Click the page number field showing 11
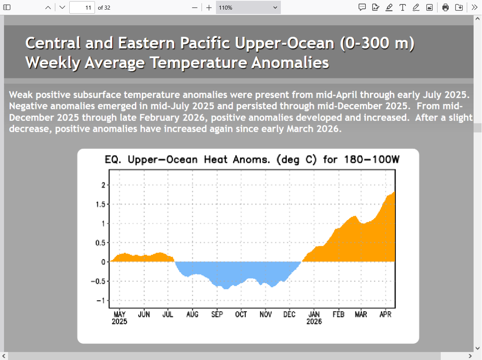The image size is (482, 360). pos(82,8)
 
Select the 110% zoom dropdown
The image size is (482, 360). pos(248,8)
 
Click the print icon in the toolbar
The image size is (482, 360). pos(446,8)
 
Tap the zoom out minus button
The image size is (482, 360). pos(195,8)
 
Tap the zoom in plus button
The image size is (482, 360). pos(209,8)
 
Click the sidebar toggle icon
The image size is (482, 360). pos(7,8)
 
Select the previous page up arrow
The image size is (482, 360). pos(48,8)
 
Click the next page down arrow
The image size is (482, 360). pos(62,8)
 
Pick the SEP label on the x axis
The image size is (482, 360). pos(217,315)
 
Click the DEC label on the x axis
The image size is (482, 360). pos(289,315)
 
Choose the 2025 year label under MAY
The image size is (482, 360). pos(119,322)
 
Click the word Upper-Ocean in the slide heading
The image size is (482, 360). pos(284,43)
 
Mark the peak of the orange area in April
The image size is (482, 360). pos(394,193)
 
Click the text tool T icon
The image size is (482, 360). pos(402,8)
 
